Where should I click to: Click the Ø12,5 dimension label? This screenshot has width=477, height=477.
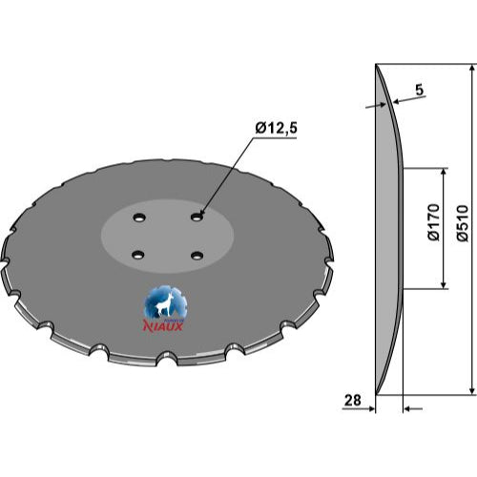276,128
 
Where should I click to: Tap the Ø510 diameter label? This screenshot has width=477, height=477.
463,223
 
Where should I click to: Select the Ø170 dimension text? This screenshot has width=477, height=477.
434,222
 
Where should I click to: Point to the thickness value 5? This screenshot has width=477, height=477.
420,90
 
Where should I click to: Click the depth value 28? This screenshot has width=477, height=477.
353,400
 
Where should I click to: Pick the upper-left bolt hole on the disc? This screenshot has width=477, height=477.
139,218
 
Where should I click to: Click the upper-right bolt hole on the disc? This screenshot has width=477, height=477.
197,218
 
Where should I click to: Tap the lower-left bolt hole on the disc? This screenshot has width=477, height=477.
138,255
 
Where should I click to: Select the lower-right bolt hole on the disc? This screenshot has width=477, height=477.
197,256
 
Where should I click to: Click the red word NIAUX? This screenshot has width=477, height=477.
163,326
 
